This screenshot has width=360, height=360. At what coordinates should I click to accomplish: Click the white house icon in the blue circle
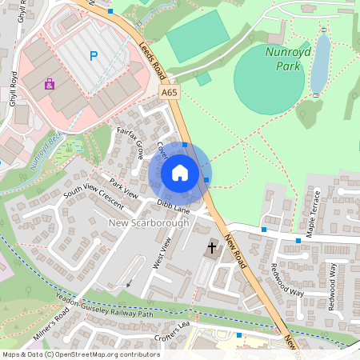(x=180, y=172)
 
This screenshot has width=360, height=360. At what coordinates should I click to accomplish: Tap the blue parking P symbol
(x=94, y=56)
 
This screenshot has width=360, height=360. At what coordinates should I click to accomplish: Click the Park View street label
(x=124, y=188)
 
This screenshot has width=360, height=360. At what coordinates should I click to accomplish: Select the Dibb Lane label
(x=173, y=207)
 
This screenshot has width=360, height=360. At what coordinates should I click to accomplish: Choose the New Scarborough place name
(x=148, y=223)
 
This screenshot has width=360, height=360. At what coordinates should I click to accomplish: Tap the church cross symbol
(x=212, y=248)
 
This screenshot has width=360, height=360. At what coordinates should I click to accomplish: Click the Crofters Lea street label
(x=174, y=330)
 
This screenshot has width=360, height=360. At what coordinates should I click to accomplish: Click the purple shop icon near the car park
(x=50, y=84)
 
